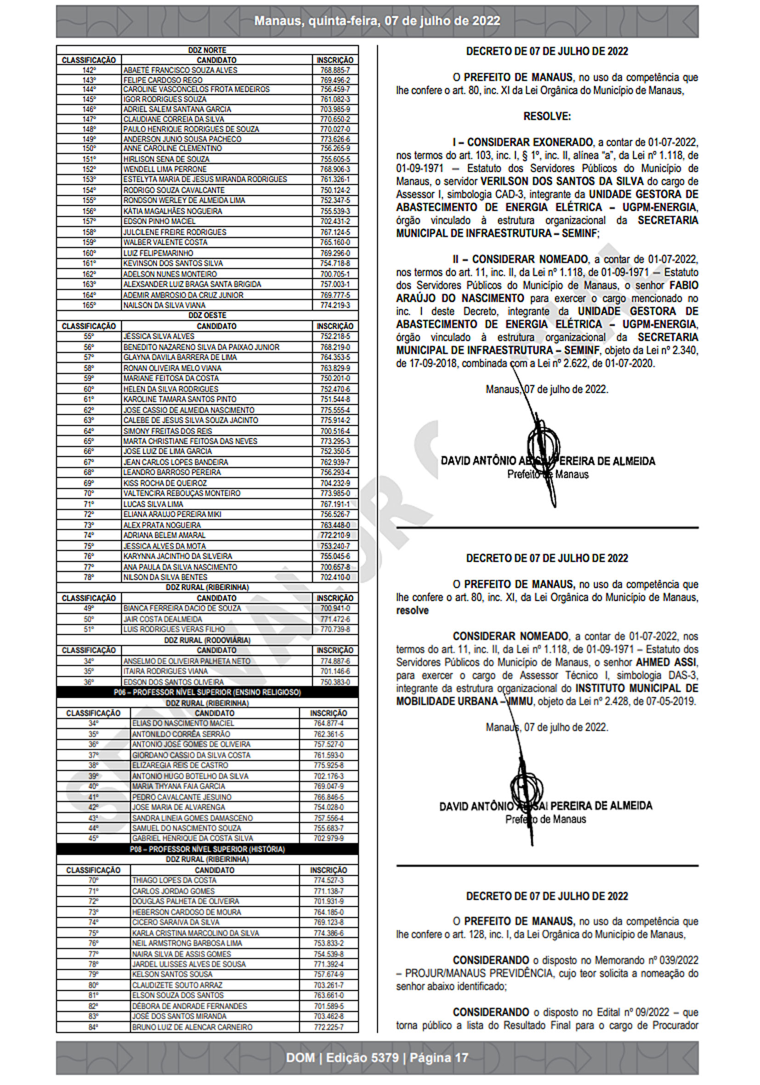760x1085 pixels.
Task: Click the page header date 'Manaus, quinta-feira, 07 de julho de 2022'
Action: (x=377, y=21)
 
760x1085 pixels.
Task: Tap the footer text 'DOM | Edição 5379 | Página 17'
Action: (x=377, y=1057)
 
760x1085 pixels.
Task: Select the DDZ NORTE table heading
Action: (x=207, y=50)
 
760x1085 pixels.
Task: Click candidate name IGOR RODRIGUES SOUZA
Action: (x=164, y=99)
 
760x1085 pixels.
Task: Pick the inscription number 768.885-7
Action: (x=335, y=70)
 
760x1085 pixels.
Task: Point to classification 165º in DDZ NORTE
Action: (x=89, y=305)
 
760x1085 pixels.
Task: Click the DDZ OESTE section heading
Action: (x=207, y=315)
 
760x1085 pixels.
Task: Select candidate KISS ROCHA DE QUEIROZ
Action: (x=165, y=483)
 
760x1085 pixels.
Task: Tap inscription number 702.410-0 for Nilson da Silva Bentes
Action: (x=335, y=577)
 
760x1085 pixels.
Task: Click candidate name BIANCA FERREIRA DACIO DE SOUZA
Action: (x=182, y=608)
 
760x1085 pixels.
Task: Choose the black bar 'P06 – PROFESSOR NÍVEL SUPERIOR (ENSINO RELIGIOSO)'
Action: (x=207, y=692)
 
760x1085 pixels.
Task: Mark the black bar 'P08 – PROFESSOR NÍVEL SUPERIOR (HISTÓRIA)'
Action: (x=207, y=849)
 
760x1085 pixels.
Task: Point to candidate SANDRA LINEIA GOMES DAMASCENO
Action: (x=192, y=818)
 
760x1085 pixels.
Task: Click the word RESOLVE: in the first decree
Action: (x=547, y=116)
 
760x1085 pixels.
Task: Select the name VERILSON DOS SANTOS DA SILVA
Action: (x=562, y=181)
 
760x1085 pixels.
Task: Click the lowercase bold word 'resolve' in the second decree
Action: (x=412, y=610)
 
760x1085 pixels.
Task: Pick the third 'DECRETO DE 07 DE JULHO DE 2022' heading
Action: (x=547, y=896)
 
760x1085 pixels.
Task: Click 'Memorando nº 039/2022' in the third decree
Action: (x=646, y=960)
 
